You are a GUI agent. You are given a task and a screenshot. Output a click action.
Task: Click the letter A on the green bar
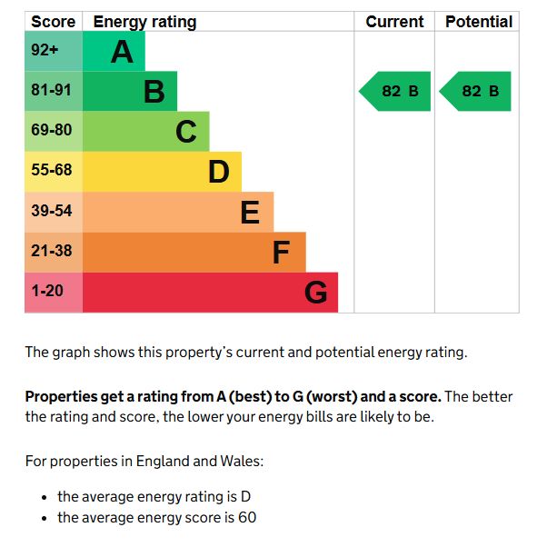(122, 52)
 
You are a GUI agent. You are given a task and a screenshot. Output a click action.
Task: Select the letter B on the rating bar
(154, 92)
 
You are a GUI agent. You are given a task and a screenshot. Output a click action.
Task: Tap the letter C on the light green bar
(186, 132)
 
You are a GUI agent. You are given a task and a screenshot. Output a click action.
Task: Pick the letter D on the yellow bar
(218, 172)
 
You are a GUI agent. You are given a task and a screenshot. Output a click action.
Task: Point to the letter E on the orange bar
(250, 212)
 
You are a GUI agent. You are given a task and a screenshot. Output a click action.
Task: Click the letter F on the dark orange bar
(282, 252)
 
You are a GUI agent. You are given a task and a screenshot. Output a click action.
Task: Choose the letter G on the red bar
(315, 293)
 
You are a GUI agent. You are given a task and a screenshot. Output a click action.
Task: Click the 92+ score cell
(45, 51)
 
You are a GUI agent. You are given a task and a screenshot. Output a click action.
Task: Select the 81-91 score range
(51, 91)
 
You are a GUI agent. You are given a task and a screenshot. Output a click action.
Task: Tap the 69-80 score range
(51, 131)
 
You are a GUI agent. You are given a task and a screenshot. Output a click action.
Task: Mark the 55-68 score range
(51, 171)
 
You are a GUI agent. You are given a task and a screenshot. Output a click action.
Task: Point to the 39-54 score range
(51, 211)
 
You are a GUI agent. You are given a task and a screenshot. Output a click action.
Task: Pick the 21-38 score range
(51, 251)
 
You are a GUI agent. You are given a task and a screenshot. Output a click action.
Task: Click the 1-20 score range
(47, 292)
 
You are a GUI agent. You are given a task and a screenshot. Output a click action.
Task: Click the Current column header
(394, 22)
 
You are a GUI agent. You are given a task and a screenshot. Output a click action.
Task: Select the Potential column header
(479, 22)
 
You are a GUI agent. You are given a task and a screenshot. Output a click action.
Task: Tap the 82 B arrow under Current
(396, 92)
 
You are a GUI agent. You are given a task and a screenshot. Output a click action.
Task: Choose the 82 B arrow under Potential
(476, 92)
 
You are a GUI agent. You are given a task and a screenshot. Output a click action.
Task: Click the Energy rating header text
(144, 22)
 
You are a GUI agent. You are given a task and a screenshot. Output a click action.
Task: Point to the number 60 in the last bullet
(247, 518)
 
